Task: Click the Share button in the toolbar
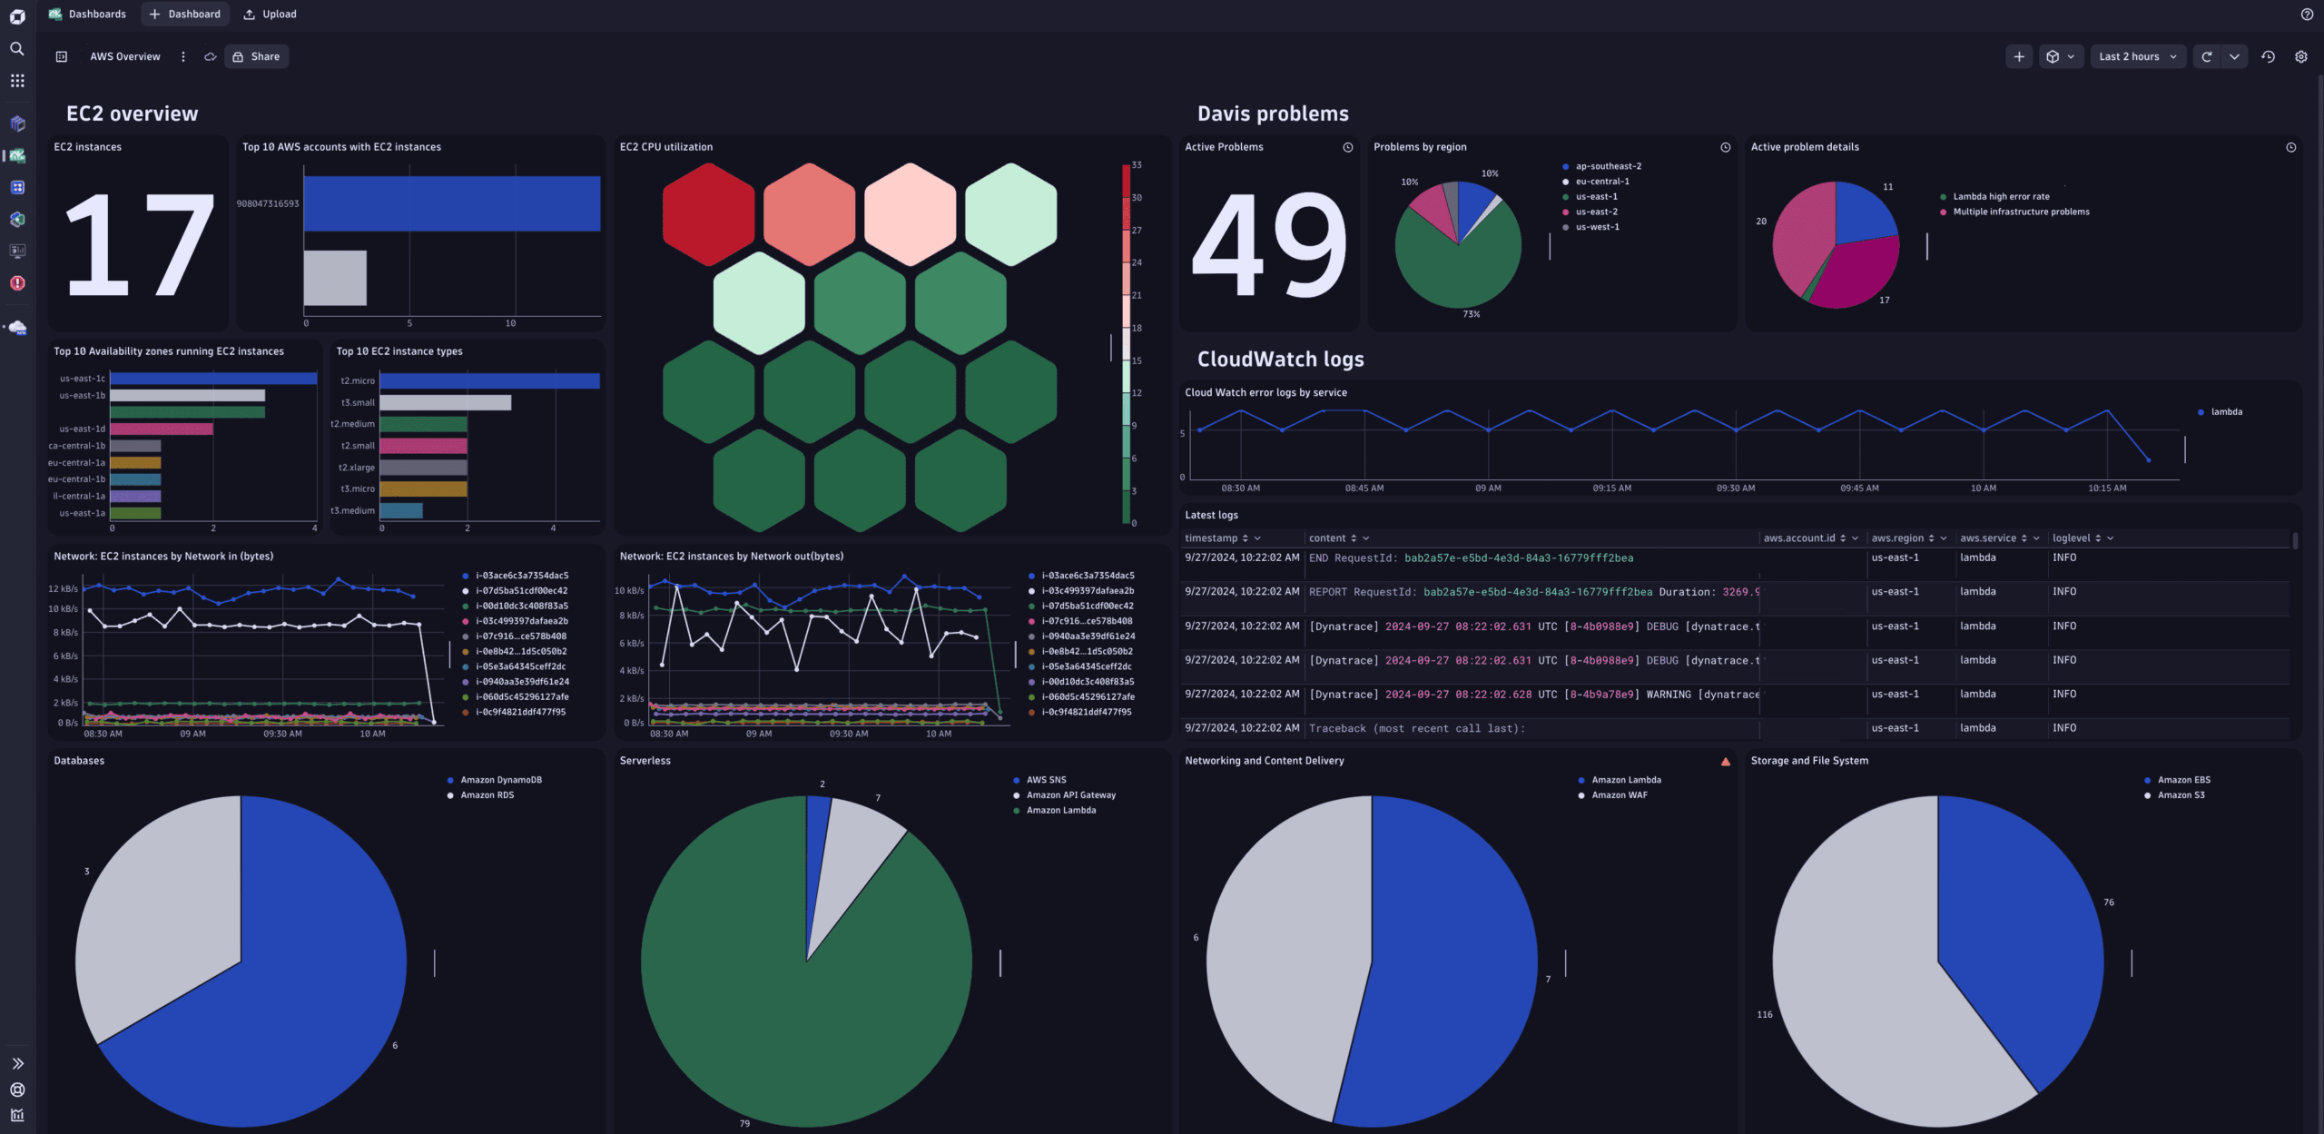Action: click(256, 56)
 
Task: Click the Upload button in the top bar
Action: click(270, 14)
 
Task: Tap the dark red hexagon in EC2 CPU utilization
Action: click(708, 214)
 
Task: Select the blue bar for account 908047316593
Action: click(451, 203)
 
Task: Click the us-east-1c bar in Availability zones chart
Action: click(213, 379)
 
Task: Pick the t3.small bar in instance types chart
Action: click(445, 402)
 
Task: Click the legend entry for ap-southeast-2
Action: click(1608, 166)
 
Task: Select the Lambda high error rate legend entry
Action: click(2001, 196)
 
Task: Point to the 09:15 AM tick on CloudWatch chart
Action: click(1611, 488)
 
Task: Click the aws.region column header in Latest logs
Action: click(1896, 538)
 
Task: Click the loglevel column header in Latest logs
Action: click(2071, 538)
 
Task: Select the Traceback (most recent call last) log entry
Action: click(1416, 728)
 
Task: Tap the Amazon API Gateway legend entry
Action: click(1070, 795)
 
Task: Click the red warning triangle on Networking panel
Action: click(1725, 762)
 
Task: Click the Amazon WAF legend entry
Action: click(1619, 795)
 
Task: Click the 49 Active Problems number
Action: click(1268, 245)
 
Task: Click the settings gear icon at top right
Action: click(2300, 56)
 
